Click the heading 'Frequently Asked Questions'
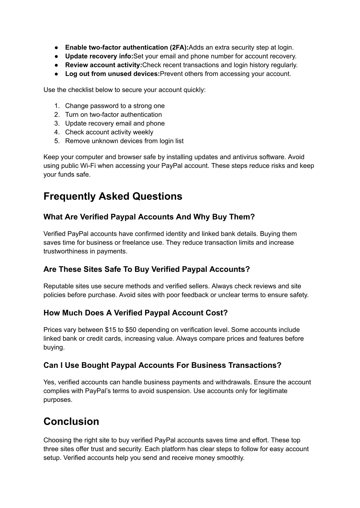tap(113, 196)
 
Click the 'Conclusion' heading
tap(71, 422)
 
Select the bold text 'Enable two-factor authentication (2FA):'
tap(127, 47)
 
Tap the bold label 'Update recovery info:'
tap(99, 56)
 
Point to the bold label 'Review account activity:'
tap(103, 65)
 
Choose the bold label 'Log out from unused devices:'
tap(112, 74)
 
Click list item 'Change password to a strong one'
tap(115, 106)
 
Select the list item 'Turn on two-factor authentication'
tap(113, 115)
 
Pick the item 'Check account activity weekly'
tap(109, 132)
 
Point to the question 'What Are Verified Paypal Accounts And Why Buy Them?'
tap(149, 217)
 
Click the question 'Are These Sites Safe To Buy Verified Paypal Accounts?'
tap(147, 269)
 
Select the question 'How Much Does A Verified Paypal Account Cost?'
tap(136, 313)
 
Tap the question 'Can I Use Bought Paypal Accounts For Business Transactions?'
tap(162, 365)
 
